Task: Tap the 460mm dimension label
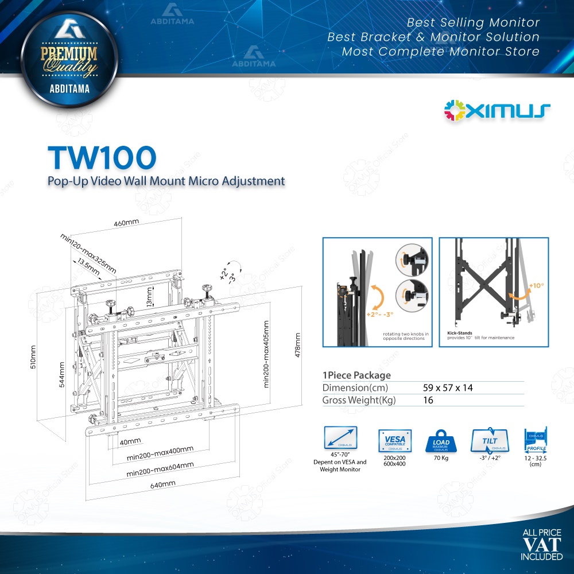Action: pyautogui.click(x=127, y=222)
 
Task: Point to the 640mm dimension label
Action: pyautogui.click(x=162, y=484)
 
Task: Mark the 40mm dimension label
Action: pyautogui.click(x=130, y=441)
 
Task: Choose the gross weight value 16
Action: pyautogui.click(x=428, y=400)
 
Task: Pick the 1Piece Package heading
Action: pyautogui.click(x=356, y=375)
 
